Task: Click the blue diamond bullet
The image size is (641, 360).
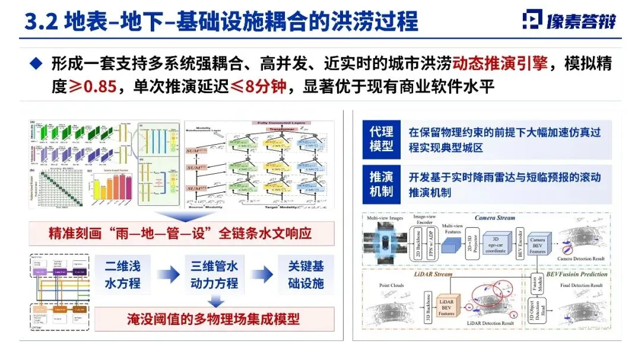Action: (36, 62)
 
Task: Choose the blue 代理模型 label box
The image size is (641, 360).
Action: (381, 139)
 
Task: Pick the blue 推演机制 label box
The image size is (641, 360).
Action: (381, 184)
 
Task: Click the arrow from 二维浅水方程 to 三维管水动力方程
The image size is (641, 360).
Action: (169, 274)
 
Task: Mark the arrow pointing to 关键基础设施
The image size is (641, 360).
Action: (260, 274)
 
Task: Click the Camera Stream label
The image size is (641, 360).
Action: (494, 218)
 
